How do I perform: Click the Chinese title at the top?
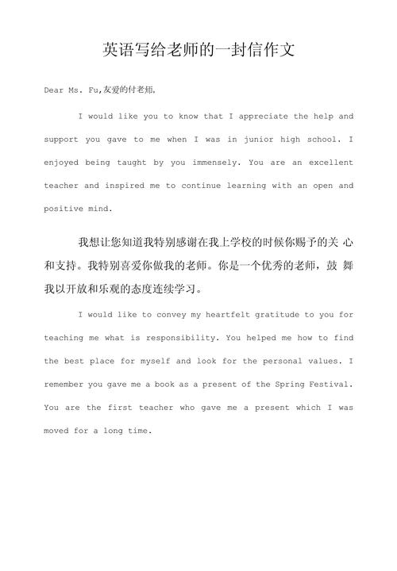coord(198,50)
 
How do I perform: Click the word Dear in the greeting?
coord(55,90)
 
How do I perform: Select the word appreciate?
coord(264,116)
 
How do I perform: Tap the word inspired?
coord(125,186)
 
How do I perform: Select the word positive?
coord(63,209)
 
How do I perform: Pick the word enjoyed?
coord(63,163)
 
